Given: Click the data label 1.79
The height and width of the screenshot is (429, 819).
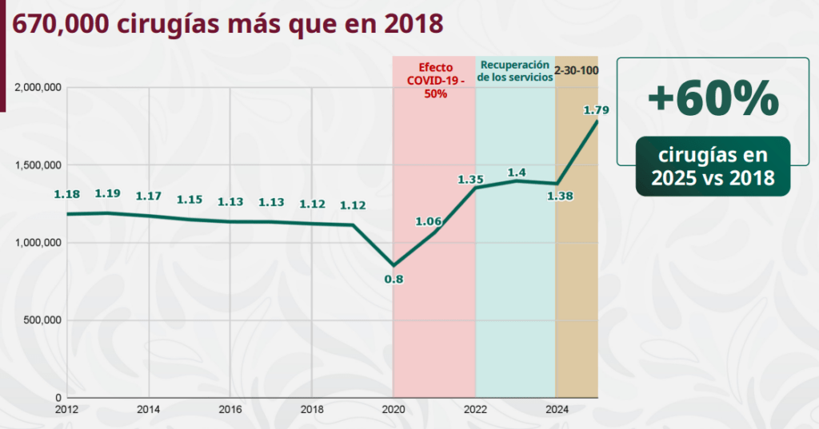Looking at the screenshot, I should pos(596,110).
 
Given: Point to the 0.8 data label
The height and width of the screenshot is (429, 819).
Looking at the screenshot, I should pos(394,279).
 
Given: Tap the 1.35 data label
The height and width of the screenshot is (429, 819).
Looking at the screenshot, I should pos(472,180).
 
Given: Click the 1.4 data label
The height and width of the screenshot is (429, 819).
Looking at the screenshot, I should pos(517,172).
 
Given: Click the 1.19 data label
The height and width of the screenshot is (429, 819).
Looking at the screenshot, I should pos(108,193).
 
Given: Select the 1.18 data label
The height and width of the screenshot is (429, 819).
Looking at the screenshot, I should pos(67,194).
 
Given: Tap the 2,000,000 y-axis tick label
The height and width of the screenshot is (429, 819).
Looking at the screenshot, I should pos(38,87).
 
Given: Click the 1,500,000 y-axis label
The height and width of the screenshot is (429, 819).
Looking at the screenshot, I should pos(38,165).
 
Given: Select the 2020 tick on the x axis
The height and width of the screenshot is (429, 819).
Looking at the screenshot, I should pos(394,409).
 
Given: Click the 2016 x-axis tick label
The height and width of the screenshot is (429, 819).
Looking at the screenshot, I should pos(230,409).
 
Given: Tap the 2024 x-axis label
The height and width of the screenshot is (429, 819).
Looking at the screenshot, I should pos(556,409).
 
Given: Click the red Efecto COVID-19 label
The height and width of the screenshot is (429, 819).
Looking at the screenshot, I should pos(435,80).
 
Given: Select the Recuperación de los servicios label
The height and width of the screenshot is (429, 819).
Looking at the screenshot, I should pos(515,70).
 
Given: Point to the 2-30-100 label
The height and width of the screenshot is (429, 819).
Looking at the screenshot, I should pos(577,70).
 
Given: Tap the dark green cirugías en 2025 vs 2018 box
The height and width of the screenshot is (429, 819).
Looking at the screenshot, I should pos(713,165).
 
